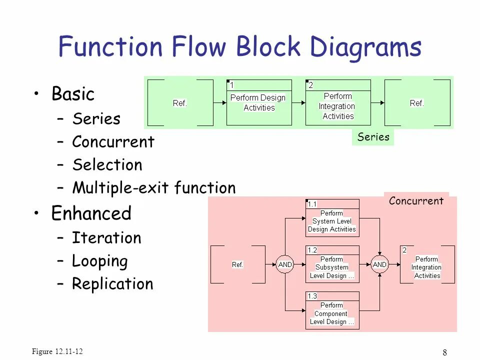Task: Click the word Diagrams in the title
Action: (x=365, y=48)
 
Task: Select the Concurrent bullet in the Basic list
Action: (x=113, y=141)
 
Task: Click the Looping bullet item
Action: (x=100, y=261)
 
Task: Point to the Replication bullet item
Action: (x=112, y=283)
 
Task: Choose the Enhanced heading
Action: (x=91, y=213)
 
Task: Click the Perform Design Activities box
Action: (x=259, y=102)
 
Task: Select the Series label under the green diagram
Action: (x=373, y=137)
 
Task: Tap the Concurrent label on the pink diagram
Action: (x=416, y=201)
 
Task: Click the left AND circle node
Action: (x=284, y=264)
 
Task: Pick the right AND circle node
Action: (x=379, y=264)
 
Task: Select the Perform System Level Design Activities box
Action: (x=332, y=218)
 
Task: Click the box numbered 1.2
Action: (x=332, y=264)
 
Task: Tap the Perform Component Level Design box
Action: (x=332, y=310)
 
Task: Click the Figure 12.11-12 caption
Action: (x=57, y=351)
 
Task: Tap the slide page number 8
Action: (x=445, y=352)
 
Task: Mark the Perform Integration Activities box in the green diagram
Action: (x=338, y=102)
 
